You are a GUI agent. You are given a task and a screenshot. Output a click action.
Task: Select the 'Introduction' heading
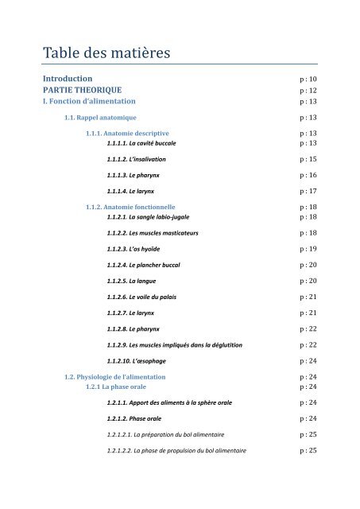(x=68, y=79)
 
